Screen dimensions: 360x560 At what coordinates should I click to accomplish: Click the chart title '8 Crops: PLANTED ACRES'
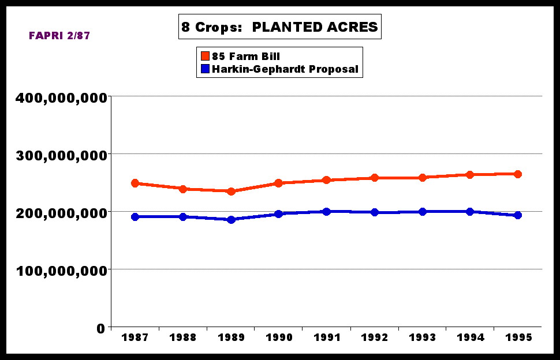[280, 27]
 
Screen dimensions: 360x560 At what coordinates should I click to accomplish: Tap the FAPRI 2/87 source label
[59, 36]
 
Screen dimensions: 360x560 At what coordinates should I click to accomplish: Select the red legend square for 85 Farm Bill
[205, 57]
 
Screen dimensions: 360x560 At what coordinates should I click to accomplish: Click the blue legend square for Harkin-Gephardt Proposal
[205, 69]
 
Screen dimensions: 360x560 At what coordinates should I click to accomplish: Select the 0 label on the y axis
[100, 328]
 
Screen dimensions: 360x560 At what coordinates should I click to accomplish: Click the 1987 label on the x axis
[135, 337]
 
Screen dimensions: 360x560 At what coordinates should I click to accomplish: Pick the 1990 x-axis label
[278, 337]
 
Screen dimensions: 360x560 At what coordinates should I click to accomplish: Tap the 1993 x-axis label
[422, 337]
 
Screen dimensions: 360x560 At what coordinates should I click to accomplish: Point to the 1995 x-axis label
[518, 337]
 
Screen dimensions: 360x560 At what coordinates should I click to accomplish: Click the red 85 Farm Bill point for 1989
[231, 191]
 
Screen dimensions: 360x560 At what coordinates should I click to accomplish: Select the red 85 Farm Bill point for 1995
[518, 174]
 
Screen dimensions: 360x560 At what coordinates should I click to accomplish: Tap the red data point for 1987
[135, 183]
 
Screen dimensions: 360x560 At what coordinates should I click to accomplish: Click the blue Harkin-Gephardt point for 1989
[231, 219]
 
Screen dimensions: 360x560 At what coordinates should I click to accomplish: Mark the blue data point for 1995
[518, 215]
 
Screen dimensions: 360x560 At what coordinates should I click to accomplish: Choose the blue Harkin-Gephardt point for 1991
[327, 212]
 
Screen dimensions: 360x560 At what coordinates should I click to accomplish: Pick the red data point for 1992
[375, 178]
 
